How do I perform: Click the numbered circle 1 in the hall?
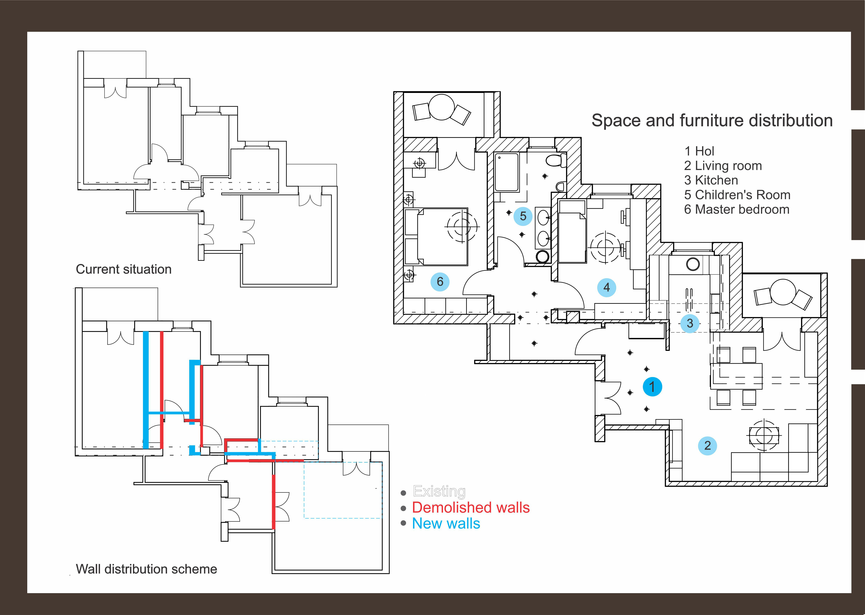pos(652,387)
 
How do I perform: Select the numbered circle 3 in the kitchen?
pos(690,323)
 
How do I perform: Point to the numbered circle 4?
pos(606,287)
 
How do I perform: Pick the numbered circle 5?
pos(523,216)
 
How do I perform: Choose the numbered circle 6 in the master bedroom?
pos(440,282)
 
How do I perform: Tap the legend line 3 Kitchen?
pos(711,180)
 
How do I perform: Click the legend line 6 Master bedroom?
pos(737,209)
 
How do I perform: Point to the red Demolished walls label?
pos(471,507)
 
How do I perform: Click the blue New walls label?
pos(446,524)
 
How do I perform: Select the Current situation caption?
pos(124,269)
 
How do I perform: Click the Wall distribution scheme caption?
pos(146,569)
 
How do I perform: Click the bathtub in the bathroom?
pos(506,172)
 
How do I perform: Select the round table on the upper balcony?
pos(441,107)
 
